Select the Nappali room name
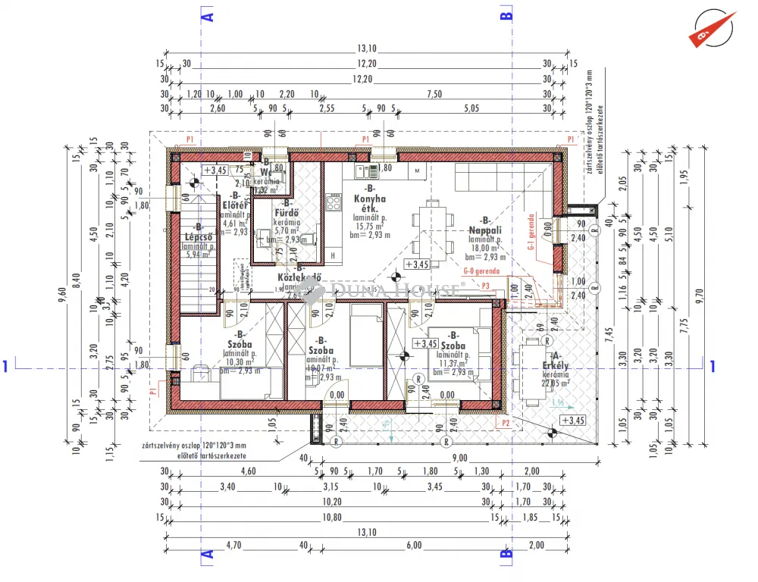point(481,229)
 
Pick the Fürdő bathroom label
point(287,213)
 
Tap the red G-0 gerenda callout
point(481,271)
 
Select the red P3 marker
point(486,285)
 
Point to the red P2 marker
point(502,424)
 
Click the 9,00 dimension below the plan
point(460,458)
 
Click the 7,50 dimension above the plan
point(434,94)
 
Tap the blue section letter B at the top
point(507,14)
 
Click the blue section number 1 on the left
point(7,367)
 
